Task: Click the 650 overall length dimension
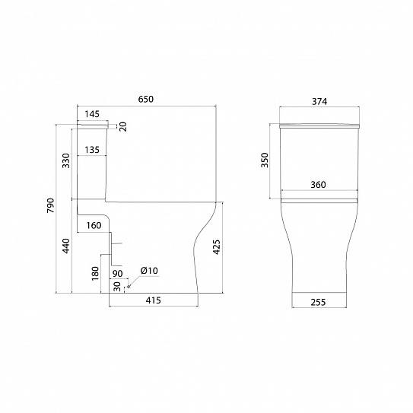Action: (146, 100)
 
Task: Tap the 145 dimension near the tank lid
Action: (92, 114)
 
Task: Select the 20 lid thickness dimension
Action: (123, 126)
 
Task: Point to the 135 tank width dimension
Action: (92, 150)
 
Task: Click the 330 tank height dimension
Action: (66, 160)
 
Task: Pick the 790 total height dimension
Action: (50, 205)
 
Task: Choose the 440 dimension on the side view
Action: (66, 246)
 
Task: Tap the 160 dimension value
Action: (94, 225)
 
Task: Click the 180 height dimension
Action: (95, 273)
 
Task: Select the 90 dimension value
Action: (117, 274)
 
